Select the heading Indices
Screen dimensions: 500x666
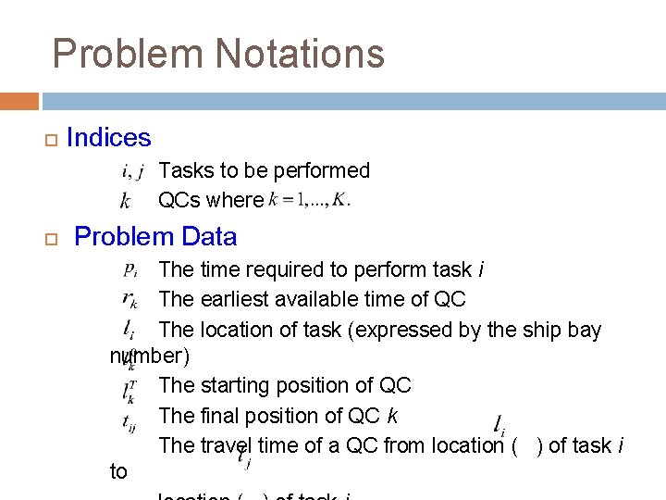click(108, 138)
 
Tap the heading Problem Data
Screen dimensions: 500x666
click(155, 236)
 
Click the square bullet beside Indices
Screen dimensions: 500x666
click(50, 140)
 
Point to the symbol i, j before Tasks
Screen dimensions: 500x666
click(132, 170)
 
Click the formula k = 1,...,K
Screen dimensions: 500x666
click(309, 200)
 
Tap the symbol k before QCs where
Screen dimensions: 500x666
click(126, 200)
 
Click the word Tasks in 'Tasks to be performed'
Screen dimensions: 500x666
click(187, 170)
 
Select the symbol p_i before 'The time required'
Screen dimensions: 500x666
click(130, 270)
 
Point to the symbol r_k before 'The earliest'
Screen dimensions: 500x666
click(129, 299)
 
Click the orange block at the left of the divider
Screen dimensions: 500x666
click(19, 101)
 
